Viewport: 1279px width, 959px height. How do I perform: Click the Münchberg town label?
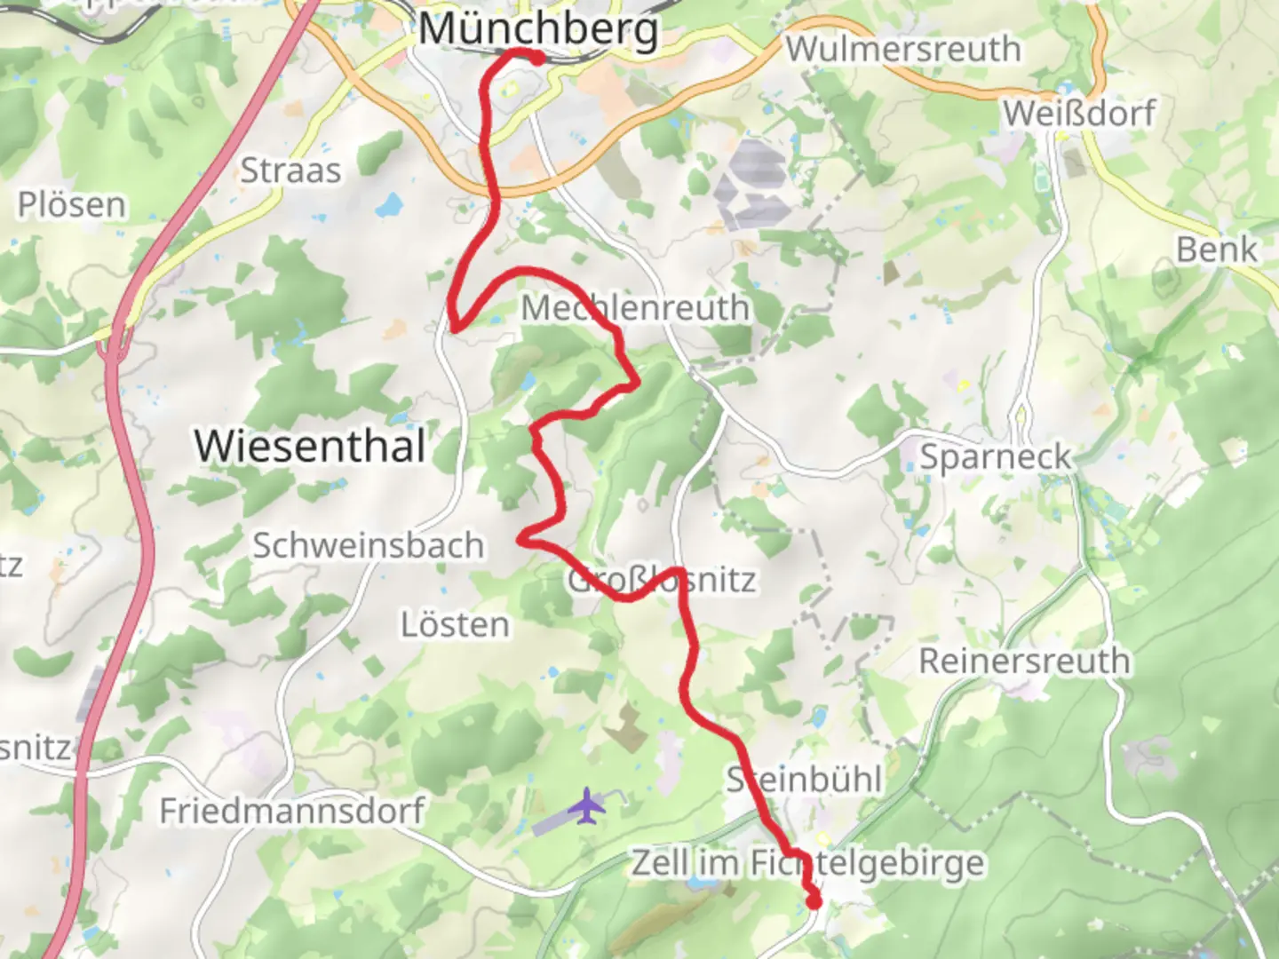pos(538,28)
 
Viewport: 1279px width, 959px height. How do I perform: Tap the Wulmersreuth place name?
pos(903,49)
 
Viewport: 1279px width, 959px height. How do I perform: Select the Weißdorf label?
pos(1079,114)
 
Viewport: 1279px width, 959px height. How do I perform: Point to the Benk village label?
pos(1217,250)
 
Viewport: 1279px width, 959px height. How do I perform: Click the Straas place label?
pos(290,170)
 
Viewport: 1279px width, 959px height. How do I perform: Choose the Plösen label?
pos(71,205)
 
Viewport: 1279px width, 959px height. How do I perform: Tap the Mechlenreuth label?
pos(635,308)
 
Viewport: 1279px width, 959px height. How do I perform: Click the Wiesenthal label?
pos(310,445)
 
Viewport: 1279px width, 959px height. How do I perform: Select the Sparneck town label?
pos(995,456)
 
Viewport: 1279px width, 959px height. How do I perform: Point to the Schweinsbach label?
pos(369,545)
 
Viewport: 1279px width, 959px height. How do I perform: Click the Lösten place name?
pos(455,625)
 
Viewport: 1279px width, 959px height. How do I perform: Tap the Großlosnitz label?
pos(662,581)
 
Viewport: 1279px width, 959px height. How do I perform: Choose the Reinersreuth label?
pos(1024,662)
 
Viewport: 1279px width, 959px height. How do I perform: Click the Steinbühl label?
pos(805,780)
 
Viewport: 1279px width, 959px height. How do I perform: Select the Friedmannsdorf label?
pos(291,811)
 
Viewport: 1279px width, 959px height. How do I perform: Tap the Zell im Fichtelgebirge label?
pos(807,862)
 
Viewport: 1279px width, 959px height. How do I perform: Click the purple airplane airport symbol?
pos(586,806)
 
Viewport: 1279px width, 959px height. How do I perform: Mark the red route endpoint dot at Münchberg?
pos(537,58)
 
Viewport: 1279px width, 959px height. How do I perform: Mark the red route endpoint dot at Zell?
pos(813,902)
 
